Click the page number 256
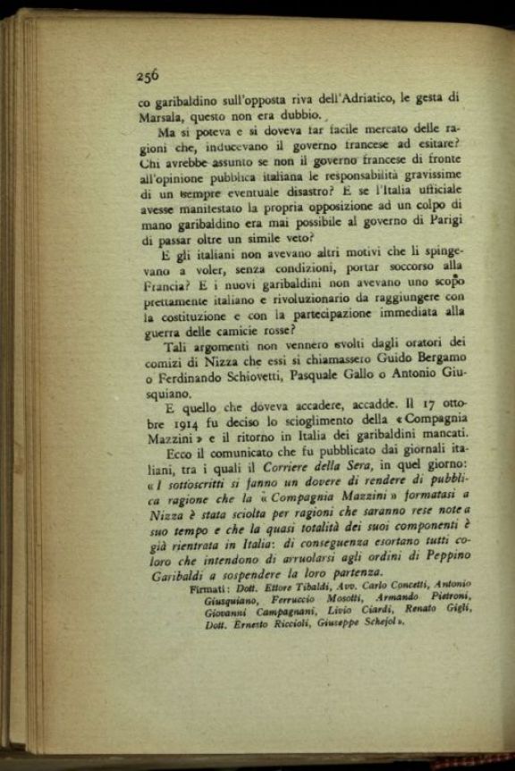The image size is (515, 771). tap(148, 76)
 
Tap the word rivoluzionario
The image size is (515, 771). tap(307, 309)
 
